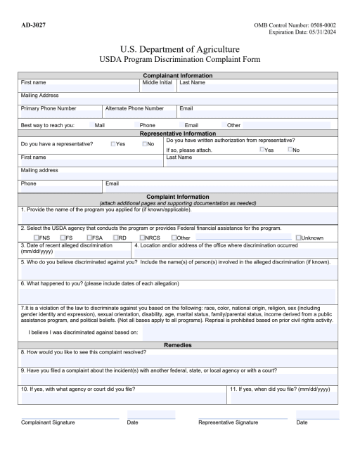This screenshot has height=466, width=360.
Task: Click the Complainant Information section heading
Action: pyautogui.click(x=179, y=76)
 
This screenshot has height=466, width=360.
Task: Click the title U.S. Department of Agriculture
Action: pyautogui.click(x=179, y=49)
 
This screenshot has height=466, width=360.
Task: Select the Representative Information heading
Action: pyautogui.click(x=179, y=133)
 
